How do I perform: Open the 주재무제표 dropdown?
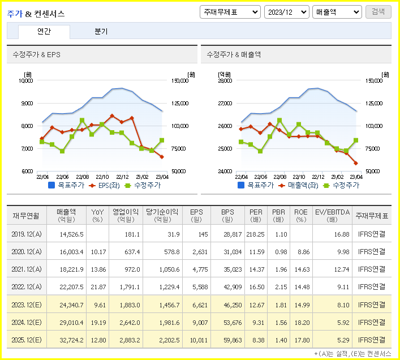click(230, 12)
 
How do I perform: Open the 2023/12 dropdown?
click(286, 12)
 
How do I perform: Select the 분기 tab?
click(101, 32)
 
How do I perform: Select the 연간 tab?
click(44, 32)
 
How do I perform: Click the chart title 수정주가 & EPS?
click(37, 55)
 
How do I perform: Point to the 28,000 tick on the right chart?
click(225, 81)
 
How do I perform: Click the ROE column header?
click(300, 215)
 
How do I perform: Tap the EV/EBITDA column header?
click(332, 215)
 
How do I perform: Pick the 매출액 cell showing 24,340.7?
click(71, 305)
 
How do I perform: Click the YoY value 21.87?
click(98, 287)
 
